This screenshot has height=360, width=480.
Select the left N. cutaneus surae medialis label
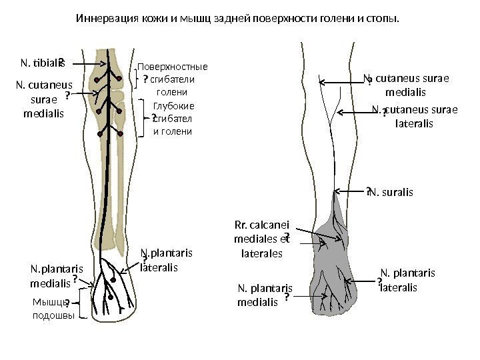(x=44, y=99)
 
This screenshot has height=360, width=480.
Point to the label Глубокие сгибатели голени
(x=173, y=118)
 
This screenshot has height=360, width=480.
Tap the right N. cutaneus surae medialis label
(x=407, y=85)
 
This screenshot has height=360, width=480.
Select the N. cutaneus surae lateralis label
(x=414, y=117)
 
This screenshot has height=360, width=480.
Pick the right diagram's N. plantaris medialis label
(x=265, y=294)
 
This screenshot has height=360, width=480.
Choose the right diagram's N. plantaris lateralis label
(x=407, y=280)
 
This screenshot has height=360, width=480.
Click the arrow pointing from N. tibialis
(x=83, y=63)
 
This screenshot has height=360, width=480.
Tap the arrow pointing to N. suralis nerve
(x=349, y=192)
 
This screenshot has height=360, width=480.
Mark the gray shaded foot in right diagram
(x=333, y=267)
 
